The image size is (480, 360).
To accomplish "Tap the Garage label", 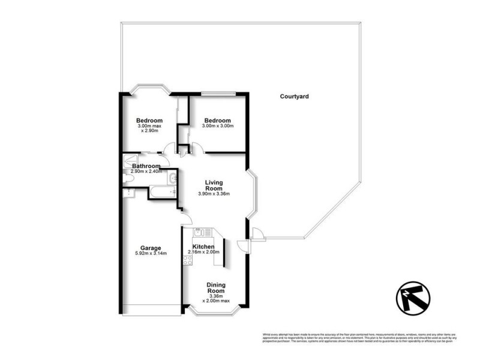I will [149, 248].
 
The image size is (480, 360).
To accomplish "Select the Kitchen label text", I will [203, 247].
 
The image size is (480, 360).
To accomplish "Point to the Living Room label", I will [214, 185].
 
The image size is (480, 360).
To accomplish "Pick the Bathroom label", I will [146, 166].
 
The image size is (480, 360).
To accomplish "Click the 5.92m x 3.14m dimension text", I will [149, 254].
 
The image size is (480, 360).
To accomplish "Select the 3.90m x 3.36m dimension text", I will [214, 194].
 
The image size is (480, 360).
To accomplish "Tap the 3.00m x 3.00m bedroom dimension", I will [217, 127].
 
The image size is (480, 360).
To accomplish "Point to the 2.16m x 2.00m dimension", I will [203, 253].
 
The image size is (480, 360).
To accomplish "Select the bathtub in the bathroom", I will [162, 193].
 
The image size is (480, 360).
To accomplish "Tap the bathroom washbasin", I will [172, 177].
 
